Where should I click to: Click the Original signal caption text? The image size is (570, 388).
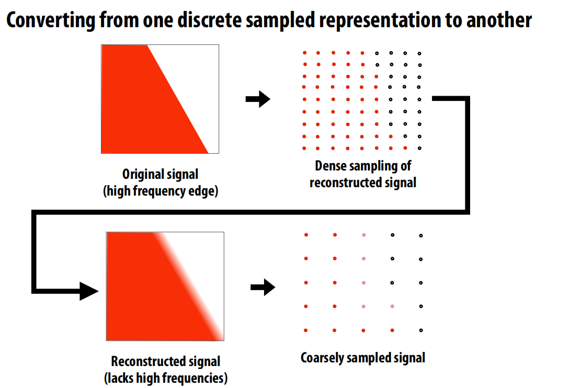(160, 174)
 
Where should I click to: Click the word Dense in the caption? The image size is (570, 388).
(330, 166)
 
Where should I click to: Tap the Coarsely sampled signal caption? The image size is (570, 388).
(363, 358)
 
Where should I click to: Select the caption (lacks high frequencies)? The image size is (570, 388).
(166, 378)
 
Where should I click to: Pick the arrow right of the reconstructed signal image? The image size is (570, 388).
(263, 287)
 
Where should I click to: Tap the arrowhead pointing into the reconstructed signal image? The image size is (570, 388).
(88, 290)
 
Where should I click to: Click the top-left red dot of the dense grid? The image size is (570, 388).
(304, 53)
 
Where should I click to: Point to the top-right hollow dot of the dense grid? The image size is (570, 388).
(419, 53)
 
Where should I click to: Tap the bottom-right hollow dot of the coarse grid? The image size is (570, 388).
(421, 330)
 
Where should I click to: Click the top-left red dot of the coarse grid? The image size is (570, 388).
(306, 235)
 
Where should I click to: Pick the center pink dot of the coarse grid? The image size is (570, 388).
(363, 283)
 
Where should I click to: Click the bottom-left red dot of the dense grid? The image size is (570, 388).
(304, 148)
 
